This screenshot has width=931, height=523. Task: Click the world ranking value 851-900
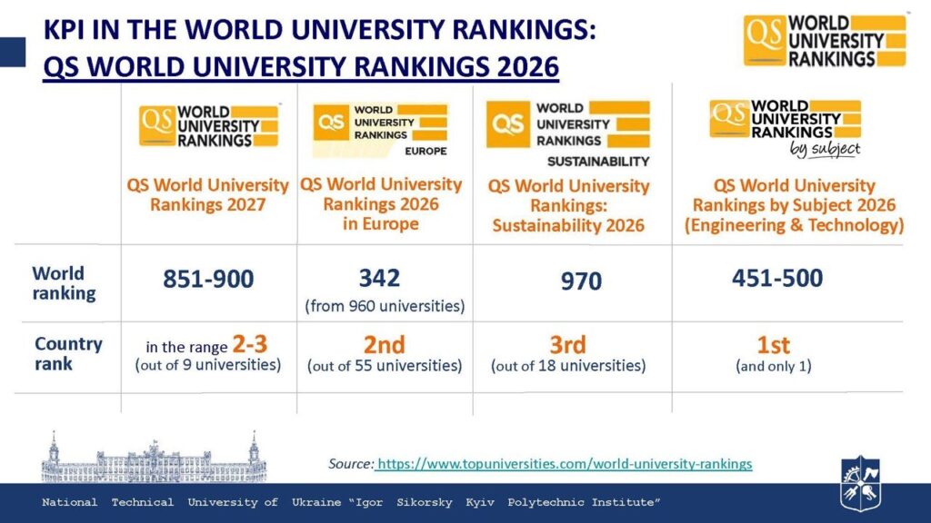pyautogui.click(x=208, y=280)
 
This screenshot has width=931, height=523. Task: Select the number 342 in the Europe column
pyautogui.click(x=379, y=278)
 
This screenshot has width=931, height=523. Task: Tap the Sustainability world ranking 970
pyautogui.click(x=581, y=281)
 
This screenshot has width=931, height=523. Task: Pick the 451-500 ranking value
pyautogui.click(x=777, y=278)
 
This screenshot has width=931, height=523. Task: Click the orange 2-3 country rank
pyautogui.click(x=249, y=344)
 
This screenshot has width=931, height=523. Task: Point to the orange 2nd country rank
pyautogui.click(x=385, y=345)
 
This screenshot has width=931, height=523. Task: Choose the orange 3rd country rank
pyautogui.click(x=567, y=345)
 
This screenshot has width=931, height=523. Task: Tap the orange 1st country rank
pyautogui.click(x=773, y=345)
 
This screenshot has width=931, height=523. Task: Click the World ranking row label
pyautogui.click(x=64, y=283)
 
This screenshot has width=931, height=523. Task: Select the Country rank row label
pyautogui.click(x=68, y=354)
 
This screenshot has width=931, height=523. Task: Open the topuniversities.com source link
pyautogui.click(x=565, y=464)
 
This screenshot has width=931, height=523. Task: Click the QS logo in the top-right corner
pyautogui.click(x=825, y=40)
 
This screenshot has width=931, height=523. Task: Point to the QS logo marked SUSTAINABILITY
pyautogui.click(x=568, y=133)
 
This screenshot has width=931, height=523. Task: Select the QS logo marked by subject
pyautogui.click(x=785, y=128)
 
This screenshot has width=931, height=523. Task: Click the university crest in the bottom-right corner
pyautogui.click(x=860, y=483)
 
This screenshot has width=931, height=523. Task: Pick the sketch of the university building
pyautogui.click(x=154, y=457)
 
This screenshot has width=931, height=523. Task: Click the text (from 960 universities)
pyautogui.click(x=385, y=307)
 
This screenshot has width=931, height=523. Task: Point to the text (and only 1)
pyautogui.click(x=773, y=367)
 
